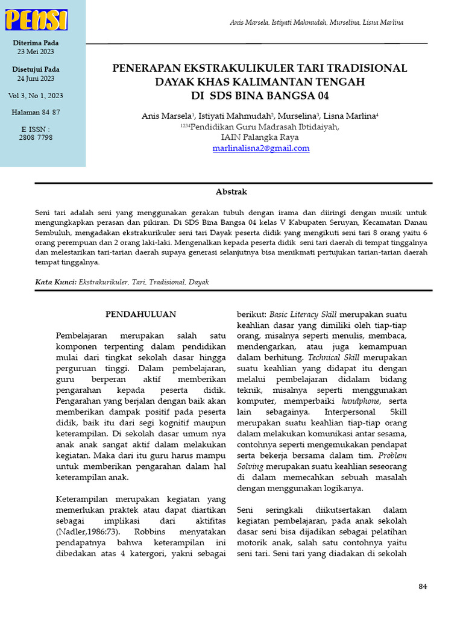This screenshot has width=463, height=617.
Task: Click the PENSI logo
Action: (36, 20)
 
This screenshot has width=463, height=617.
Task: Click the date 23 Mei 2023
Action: (36, 52)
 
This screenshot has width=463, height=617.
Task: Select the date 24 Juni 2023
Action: (36, 78)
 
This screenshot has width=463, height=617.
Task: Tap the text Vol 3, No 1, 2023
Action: (36, 96)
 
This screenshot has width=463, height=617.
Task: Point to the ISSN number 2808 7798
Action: (36, 137)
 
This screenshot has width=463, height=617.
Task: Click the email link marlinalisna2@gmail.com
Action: (261, 148)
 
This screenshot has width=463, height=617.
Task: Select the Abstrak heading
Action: (231, 192)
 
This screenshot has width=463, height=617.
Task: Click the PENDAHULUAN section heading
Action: (140, 315)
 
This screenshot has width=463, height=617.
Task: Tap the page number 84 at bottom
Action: (422, 586)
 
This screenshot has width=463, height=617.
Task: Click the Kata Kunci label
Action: (55, 281)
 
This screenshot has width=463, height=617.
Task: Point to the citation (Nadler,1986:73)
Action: (89, 531)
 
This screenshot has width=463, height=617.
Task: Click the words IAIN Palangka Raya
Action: (261, 137)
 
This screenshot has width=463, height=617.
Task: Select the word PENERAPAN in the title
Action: (146, 68)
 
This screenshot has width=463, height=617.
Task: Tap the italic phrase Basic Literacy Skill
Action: (303, 315)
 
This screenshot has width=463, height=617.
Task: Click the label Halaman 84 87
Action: (36, 113)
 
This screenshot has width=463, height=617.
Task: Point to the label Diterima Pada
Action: (36, 43)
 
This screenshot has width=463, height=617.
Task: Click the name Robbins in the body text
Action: (153, 531)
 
